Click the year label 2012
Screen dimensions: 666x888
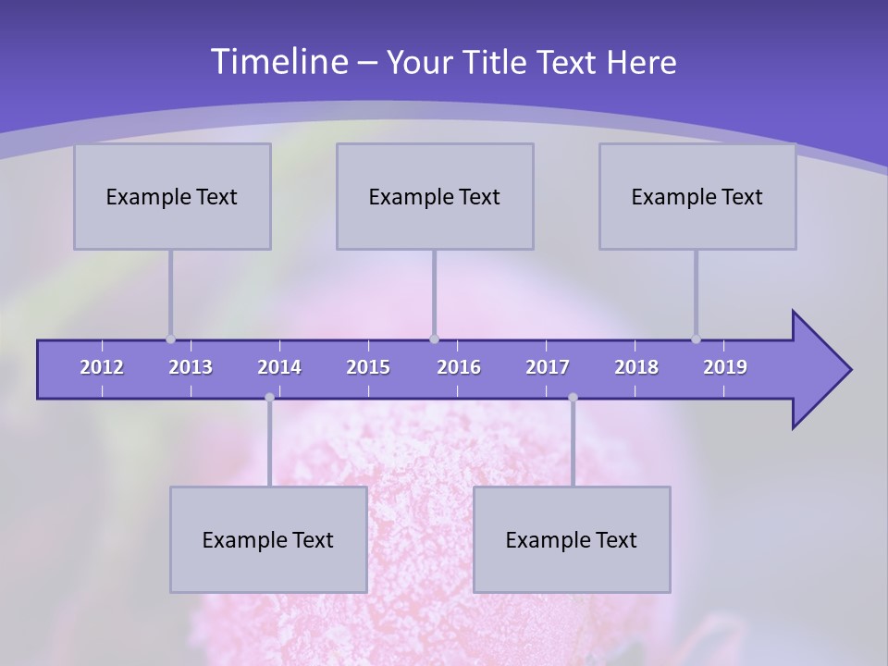pyautogui.click(x=102, y=367)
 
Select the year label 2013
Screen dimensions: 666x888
pyautogui.click(x=191, y=367)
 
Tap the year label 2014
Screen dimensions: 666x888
pyautogui.click(x=279, y=367)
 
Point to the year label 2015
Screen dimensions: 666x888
pyautogui.click(x=368, y=367)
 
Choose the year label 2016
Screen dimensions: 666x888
pyautogui.click(x=459, y=367)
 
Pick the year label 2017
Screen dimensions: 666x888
pyautogui.click(x=548, y=367)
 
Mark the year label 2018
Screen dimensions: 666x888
pyautogui.click(x=636, y=367)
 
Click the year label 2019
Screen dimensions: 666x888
pyautogui.click(x=725, y=367)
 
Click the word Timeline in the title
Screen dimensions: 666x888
pyautogui.click(x=278, y=62)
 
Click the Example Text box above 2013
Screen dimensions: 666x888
pyautogui.click(x=172, y=196)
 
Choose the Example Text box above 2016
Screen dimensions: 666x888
pyautogui.click(x=435, y=196)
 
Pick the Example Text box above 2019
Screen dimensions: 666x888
pyautogui.click(x=697, y=196)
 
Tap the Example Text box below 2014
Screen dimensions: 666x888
pyautogui.click(x=268, y=539)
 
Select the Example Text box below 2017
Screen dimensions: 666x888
pyautogui.click(x=572, y=539)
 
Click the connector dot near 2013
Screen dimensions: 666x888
pyautogui.click(x=170, y=339)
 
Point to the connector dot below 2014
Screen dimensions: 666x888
pyautogui.click(x=269, y=398)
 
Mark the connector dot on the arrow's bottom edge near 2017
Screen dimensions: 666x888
pyautogui.click(x=573, y=398)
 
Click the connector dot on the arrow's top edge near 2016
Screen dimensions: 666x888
pyautogui.click(x=434, y=339)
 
